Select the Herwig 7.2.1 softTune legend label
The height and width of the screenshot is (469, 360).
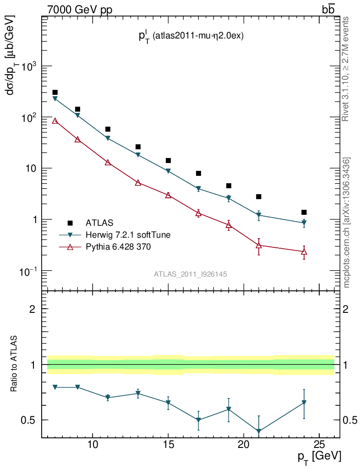[x=128, y=235]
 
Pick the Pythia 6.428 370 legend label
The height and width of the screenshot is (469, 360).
[x=119, y=247]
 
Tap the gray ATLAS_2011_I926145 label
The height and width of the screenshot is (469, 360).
[x=191, y=274]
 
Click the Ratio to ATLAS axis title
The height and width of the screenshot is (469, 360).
[x=14, y=364]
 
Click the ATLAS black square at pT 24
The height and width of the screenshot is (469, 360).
[x=304, y=212]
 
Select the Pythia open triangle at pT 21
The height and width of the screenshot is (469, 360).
[x=259, y=245]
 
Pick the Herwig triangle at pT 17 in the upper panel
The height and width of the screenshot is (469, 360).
[x=198, y=189]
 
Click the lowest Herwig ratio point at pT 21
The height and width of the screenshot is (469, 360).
[x=259, y=431]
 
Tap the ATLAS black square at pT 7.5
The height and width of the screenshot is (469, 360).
[x=55, y=93]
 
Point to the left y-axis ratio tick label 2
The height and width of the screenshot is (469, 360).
[x=33, y=309]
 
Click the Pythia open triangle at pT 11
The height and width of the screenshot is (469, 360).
[x=108, y=163]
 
